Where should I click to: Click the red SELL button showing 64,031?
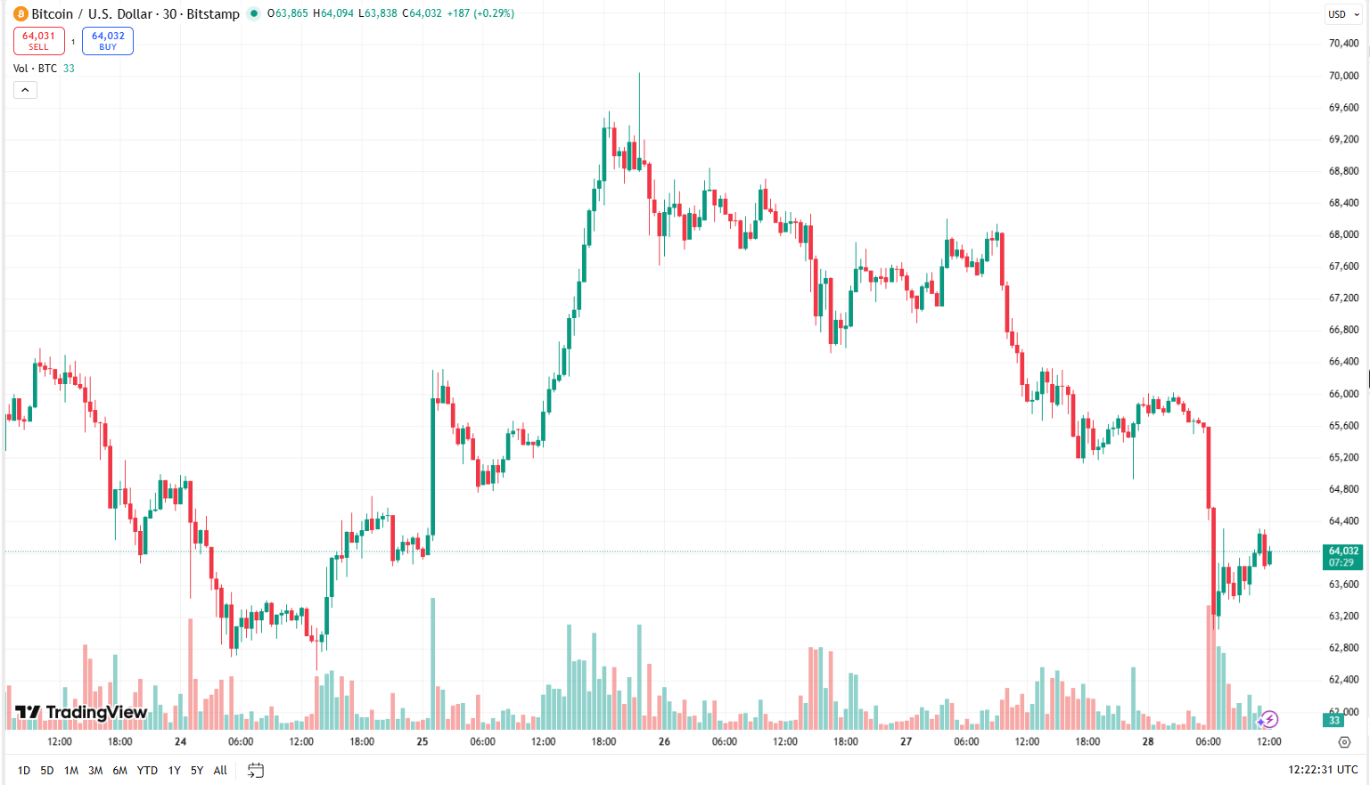click(39, 41)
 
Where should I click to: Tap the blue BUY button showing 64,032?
click(108, 41)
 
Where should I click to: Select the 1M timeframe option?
click(71, 771)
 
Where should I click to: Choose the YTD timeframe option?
click(147, 771)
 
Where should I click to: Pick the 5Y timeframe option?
click(197, 771)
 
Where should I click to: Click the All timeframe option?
click(220, 771)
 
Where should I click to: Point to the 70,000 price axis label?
click(1343, 76)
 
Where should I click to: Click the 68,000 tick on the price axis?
click(1343, 234)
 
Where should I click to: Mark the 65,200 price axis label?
click(1343, 457)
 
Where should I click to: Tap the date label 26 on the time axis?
click(664, 741)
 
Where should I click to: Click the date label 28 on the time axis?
click(1148, 741)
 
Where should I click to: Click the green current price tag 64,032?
click(1342, 556)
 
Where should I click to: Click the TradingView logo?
click(81, 712)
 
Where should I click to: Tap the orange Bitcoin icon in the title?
click(21, 13)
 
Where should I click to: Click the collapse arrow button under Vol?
click(25, 90)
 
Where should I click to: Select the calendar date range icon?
click(256, 770)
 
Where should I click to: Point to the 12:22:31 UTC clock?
click(1322, 770)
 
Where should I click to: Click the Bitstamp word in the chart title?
click(213, 14)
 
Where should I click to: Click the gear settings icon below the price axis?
click(1344, 742)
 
